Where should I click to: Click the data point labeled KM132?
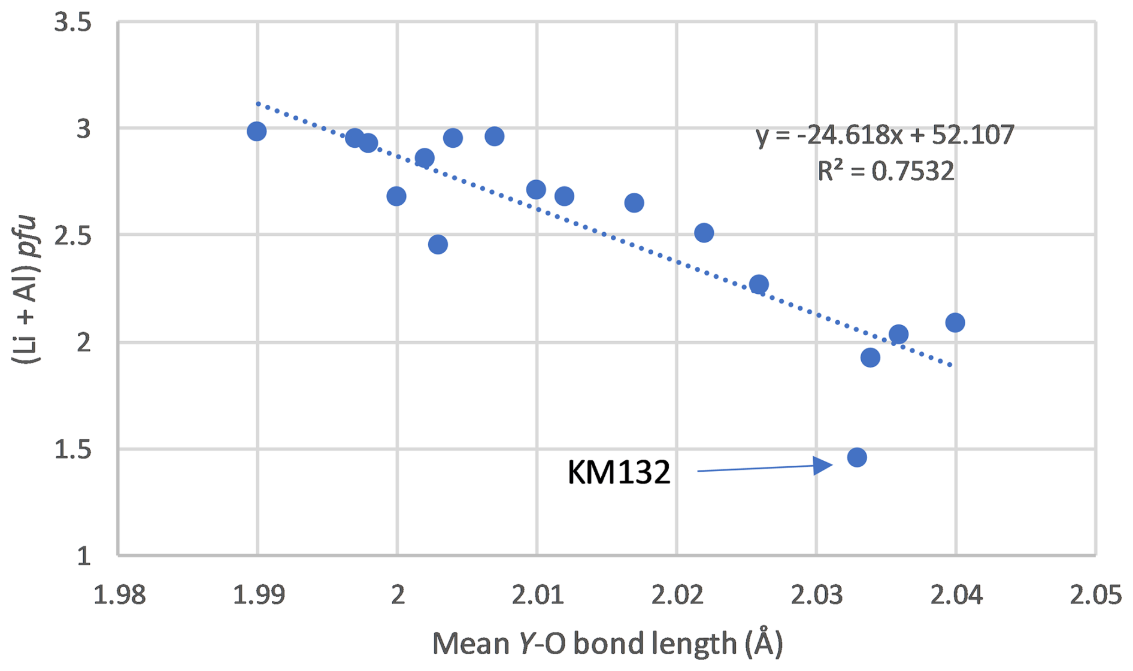[x=857, y=457]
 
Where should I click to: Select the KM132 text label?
[x=619, y=472]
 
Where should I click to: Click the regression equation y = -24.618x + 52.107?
[x=885, y=135]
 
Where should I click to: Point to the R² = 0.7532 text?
[x=885, y=171]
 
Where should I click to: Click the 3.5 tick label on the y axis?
[x=72, y=23]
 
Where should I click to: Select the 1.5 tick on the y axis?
[x=72, y=449]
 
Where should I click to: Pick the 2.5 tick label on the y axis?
[x=72, y=236]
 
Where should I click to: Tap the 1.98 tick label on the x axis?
[x=119, y=596]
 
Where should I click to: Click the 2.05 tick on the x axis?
[x=1095, y=596]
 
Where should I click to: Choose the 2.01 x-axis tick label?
[x=537, y=596]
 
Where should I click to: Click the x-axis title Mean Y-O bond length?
[x=607, y=643]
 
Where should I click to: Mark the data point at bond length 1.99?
[x=257, y=131]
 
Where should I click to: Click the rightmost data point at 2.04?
[x=955, y=323]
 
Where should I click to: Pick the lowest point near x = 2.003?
[x=438, y=244]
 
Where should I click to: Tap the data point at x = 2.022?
[x=704, y=233]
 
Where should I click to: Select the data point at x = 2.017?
[x=634, y=203]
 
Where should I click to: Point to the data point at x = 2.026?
[x=759, y=284]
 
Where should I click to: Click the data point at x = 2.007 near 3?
[x=495, y=136]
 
